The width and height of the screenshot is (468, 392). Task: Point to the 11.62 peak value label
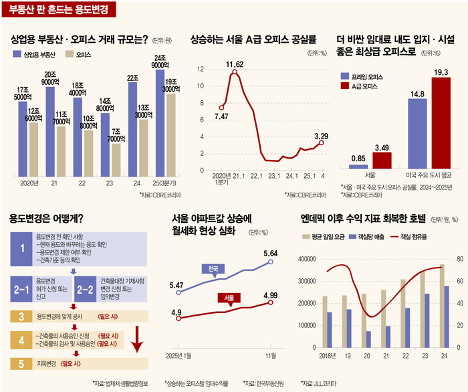234,64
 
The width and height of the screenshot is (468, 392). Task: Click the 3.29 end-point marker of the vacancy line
322,142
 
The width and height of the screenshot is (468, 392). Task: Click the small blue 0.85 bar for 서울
358,166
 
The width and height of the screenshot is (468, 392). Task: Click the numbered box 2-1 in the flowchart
21,271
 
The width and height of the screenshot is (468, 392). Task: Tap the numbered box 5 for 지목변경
21,364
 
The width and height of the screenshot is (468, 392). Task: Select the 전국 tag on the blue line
213,269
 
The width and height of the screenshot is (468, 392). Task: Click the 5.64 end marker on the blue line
271,262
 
